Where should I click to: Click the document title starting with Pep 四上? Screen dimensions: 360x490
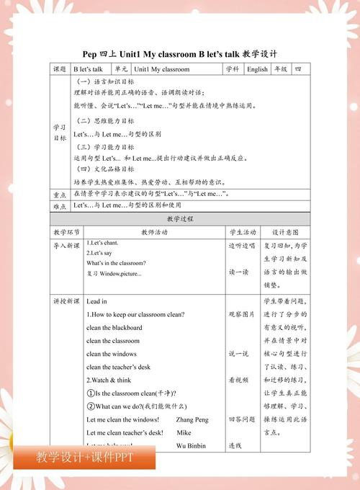(179, 54)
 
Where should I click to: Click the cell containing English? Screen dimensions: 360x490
(257, 70)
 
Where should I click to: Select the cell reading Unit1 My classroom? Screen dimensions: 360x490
(166, 70)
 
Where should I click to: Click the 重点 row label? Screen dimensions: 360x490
(60, 195)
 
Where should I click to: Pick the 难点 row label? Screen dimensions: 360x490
(60, 206)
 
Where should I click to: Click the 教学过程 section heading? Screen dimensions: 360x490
(179, 218)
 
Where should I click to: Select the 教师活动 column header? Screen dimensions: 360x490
(153, 232)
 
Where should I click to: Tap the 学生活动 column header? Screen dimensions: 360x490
(243, 232)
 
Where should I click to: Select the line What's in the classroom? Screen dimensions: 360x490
(116, 263)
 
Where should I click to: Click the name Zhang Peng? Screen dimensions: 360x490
(189, 419)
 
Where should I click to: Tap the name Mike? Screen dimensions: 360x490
(184, 432)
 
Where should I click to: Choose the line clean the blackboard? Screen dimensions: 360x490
(114, 328)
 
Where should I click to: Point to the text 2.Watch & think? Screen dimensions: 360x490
(109, 380)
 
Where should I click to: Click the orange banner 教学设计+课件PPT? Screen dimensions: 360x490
(84, 458)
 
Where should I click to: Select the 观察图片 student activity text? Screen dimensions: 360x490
(241, 314)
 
